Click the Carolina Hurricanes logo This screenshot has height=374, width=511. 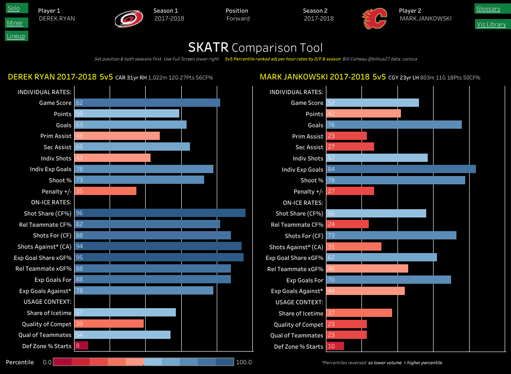click(x=129, y=19)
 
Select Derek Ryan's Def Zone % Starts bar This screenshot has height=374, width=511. click(x=81, y=346)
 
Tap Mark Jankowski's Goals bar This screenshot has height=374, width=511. click(x=394, y=125)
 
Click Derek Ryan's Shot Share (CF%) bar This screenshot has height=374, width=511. click(x=159, y=213)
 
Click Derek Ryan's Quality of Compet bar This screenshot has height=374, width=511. click(x=109, y=324)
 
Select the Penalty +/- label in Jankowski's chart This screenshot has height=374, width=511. click(x=308, y=192)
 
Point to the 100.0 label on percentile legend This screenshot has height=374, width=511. click(x=243, y=362)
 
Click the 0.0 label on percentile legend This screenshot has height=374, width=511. click(x=47, y=362)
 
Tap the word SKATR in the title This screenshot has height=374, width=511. click(x=208, y=47)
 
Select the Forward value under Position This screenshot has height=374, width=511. click(x=238, y=19)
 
